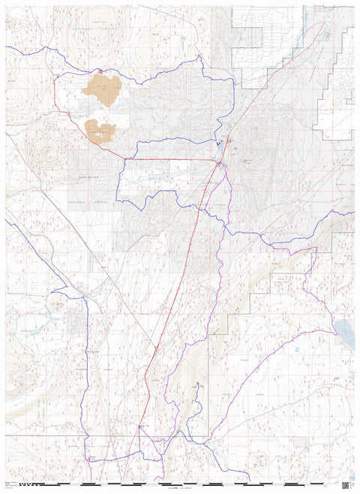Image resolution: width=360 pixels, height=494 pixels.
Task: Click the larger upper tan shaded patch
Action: pos(103,89)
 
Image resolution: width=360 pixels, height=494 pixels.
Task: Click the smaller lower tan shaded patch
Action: pos(100,131)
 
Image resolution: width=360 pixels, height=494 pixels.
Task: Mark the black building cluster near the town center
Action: pos(220,142)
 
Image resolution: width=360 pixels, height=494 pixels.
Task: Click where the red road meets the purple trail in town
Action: pos(218,163)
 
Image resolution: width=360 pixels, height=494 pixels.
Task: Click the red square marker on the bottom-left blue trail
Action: pos(91,458)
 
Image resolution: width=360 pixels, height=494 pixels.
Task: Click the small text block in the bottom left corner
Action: pos(10,486)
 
